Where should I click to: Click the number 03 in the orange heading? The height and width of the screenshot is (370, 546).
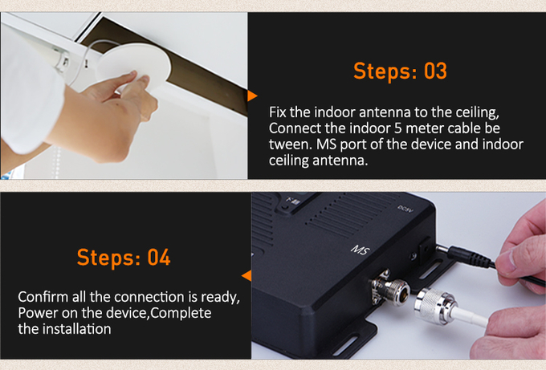pyautogui.click(x=435, y=71)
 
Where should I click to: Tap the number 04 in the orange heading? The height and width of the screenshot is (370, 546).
pyautogui.click(x=159, y=257)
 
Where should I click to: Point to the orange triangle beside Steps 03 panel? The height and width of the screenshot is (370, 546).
pyautogui.click(x=252, y=96)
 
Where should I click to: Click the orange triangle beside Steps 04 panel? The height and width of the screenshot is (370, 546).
pyautogui.click(x=247, y=275)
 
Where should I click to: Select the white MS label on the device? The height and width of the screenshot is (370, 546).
pyautogui.click(x=361, y=250)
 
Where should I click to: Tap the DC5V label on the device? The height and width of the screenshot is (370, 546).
pyautogui.click(x=405, y=209)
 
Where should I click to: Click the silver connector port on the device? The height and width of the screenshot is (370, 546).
pyautogui.click(x=391, y=288)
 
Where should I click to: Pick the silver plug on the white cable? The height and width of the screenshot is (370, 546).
pyautogui.click(x=435, y=307)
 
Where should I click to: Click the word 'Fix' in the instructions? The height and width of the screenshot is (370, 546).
pyautogui.click(x=278, y=112)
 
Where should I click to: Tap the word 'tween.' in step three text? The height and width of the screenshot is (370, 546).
pyautogui.click(x=291, y=144)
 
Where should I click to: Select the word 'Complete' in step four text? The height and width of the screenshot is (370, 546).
pyautogui.click(x=181, y=314)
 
